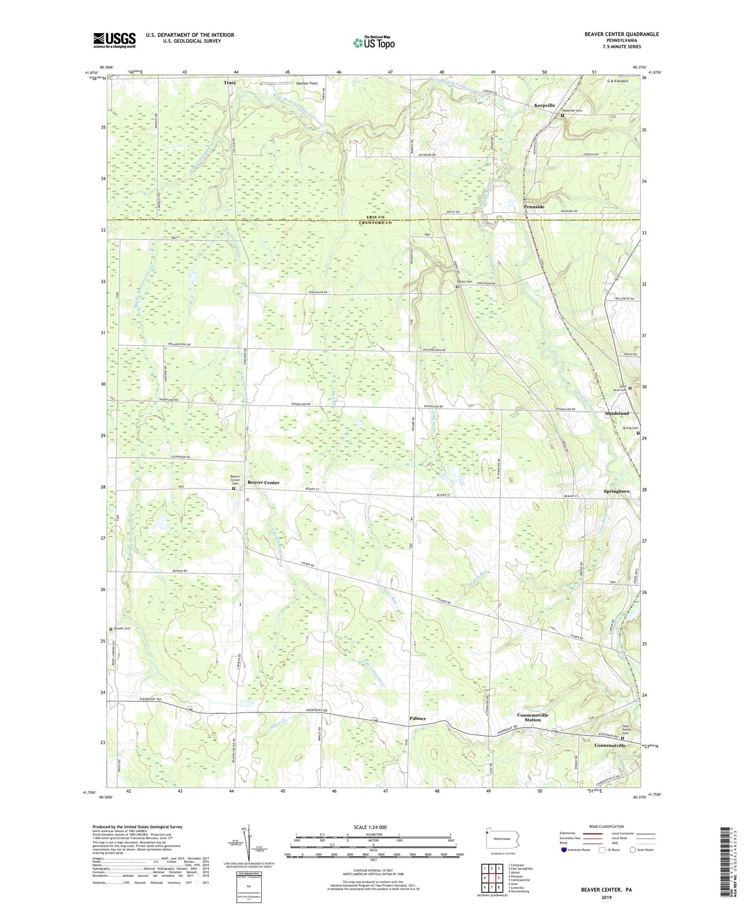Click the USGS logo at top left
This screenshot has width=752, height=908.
[x=114, y=40]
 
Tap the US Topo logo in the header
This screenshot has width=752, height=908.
[x=373, y=43]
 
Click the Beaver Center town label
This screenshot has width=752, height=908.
[x=263, y=483]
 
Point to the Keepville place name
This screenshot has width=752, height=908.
[x=544, y=105]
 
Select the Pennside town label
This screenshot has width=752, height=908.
[x=534, y=206]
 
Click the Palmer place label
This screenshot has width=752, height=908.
[x=417, y=718]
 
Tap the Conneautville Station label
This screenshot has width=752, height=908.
[x=532, y=718]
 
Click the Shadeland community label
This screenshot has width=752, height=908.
[x=617, y=413]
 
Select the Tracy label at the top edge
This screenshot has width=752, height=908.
[x=230, y=83]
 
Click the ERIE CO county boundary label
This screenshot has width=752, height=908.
[x=375, y=217]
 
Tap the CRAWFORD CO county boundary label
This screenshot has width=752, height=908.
[x=375, y=223]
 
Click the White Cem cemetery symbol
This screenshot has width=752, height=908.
[x=457, y=286]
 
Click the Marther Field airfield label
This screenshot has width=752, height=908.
[x=306, y=83]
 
